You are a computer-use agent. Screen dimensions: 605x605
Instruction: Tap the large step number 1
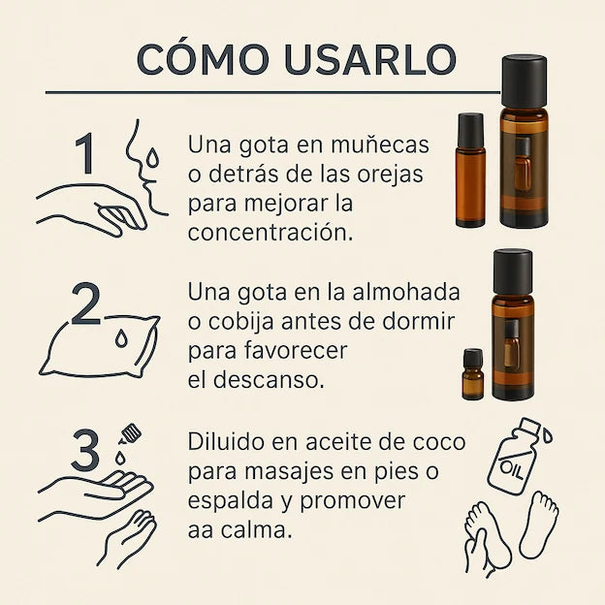86,155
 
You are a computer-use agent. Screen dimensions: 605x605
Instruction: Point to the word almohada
406,293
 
